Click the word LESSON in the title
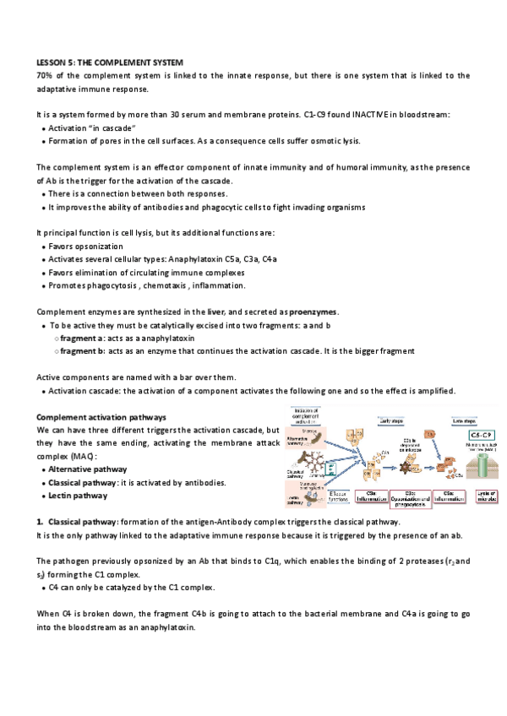52,62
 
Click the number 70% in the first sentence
44,75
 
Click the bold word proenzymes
288,312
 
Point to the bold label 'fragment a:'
83,338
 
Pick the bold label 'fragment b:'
83,351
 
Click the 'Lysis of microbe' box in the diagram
486,497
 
